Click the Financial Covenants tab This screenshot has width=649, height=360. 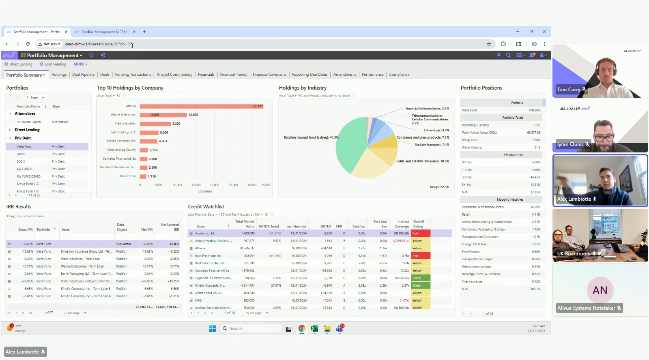[x=269, y=75]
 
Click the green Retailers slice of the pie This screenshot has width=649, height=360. [x=350, y=146]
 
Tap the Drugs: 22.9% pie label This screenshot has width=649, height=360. [x=439, y=187]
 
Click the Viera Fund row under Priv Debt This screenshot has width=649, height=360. [x=24, y=147]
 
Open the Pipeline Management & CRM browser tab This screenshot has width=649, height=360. [x=104, y=32]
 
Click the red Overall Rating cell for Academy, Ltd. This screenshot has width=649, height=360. [x=421, y=234]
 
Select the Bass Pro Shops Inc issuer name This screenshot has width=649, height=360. [x=208, y=256]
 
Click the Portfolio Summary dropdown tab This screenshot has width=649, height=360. [x=26, y=75]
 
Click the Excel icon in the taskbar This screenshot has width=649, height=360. [x=314, y=329]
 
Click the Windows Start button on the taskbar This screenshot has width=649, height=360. [x=212, y=329]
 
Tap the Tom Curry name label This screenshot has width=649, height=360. [x=568, y=90]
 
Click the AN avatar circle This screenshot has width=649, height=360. [x=600, y=290]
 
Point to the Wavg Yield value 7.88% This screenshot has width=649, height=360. [x=536, y=140]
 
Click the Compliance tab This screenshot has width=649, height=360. [x=399, y=75]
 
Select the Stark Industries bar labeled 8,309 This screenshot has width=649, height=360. [x=155, y=124]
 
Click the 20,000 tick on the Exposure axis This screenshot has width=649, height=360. [x=214, y=185]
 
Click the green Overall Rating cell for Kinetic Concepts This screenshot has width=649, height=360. [x=421, y=286]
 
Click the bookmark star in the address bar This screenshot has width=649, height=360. [x=489, y=44]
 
